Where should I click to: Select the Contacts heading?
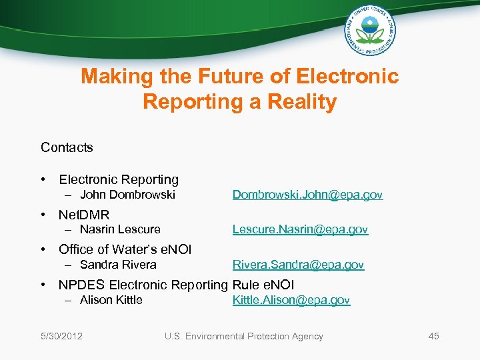click(x=67, y=147)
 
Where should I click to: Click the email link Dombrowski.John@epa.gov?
click(x=307, y=195)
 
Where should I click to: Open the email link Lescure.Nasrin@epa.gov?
click(x=300, y=229)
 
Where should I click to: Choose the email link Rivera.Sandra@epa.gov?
click(x=298, y=265)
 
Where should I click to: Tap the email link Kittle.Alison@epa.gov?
click(x=291, y=300)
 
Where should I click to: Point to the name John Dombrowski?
click(x=127, y=195)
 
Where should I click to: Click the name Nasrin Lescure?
click(x=120, y=229)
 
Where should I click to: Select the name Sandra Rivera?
click(x=118, y=265)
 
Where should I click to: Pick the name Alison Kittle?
click(x=111, y=300)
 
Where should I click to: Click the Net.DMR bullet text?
click(x=84, y=215)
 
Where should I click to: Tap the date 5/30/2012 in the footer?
click(x=61, y=336)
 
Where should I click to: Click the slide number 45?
click(x=433, y=336)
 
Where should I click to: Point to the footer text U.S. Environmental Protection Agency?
click(x=244, y=336)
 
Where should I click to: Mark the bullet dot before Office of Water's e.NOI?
click(x=43, y=249)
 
